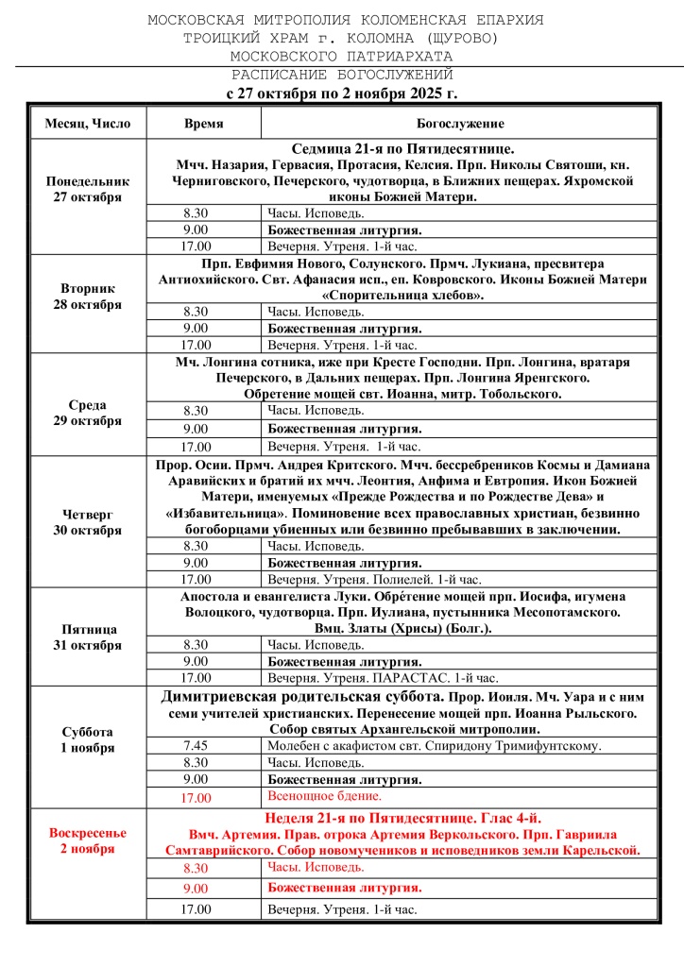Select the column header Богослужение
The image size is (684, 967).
(460, 124)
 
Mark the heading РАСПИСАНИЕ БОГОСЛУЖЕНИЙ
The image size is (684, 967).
(342, 75)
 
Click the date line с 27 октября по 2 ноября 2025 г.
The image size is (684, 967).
(342, 93)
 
